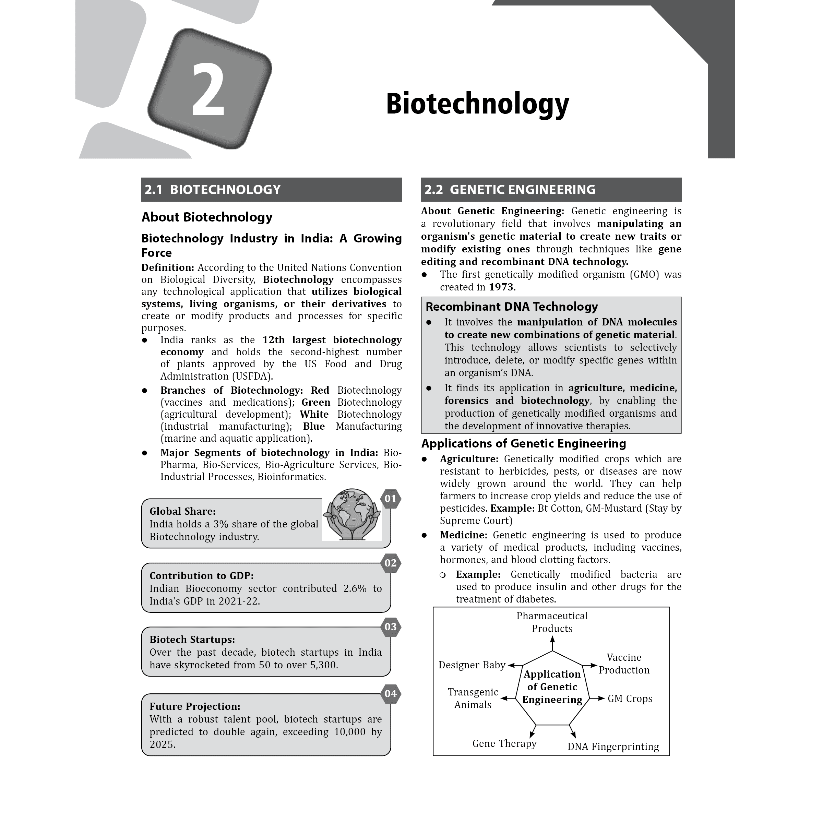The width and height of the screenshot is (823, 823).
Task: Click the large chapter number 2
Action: (x=208, y=90)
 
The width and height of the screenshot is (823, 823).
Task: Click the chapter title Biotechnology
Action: (x=477, y=104)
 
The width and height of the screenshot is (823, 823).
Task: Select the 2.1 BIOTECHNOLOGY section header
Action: (x=271, y=190)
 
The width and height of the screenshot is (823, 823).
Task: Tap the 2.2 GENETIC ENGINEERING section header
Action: (x=551, y=190)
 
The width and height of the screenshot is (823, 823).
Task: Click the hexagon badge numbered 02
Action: (x=390, y=563)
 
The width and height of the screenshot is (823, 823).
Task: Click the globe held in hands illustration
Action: (x=351, y=515)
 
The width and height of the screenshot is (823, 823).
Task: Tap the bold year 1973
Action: (x=501, y=287)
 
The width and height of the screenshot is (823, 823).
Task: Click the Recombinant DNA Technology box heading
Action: (x=512, y=307)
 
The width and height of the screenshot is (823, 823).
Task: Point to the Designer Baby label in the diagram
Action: (x=472, y=665)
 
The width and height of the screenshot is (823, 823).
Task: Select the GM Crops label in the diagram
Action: (x=630, y=699)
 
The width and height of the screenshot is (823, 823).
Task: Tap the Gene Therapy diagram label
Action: (x=504, y=744)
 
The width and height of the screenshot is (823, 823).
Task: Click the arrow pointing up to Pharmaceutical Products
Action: (x=552, y=643)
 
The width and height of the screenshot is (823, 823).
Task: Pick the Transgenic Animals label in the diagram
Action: (x=473, y=699)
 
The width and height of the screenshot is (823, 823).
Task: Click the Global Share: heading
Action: (x=182, y=512)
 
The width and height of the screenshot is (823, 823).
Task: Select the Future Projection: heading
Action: (x=195, y=707)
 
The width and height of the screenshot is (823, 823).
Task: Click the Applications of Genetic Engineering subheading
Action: (x=524, y=444)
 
